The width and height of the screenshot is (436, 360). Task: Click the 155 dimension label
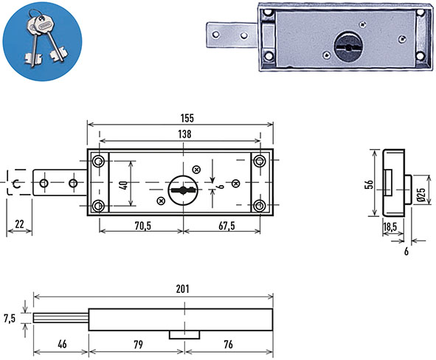187,118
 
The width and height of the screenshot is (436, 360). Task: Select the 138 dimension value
185,134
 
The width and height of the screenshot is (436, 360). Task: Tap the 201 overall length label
183,289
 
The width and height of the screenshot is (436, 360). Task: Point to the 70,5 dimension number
143,226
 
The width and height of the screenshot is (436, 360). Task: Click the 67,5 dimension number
226,226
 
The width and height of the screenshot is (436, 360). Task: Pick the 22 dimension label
19,224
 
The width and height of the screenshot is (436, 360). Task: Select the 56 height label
370,184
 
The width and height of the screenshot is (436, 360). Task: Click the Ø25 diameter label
421,194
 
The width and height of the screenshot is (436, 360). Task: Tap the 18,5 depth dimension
390,226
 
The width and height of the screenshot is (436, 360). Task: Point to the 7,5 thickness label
10,318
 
